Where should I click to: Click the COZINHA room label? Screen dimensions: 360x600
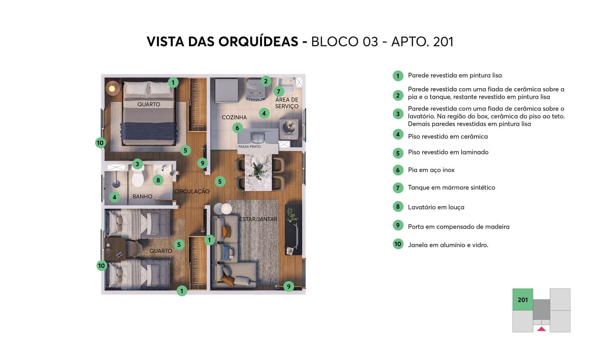pos(234,117)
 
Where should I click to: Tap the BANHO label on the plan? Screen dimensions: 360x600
pos(142,197)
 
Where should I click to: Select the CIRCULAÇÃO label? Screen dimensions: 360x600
pos(192,191)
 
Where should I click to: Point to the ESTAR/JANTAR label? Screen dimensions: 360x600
pos(258,219)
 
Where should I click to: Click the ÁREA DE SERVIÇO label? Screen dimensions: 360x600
pos(287,103)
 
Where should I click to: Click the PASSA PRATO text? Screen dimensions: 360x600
pos(249,147)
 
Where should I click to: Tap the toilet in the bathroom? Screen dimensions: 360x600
pos(138,178)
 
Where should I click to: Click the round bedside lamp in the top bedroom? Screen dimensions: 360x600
pos(112,88)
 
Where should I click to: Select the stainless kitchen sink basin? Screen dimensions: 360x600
pos(257,137)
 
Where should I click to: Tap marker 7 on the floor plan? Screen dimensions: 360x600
pos(279,91)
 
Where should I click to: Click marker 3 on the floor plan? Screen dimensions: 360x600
pos(137,164)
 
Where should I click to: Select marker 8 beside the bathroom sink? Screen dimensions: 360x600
pos(158,180)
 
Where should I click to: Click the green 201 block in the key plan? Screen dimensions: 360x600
pos(522,300)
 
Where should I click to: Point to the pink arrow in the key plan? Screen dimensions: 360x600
pos(542,329)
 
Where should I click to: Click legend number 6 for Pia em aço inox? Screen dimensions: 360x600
pos(398,170)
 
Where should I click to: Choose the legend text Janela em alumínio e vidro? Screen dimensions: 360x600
pos(448,245)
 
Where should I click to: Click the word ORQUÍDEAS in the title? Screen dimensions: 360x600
pos(258,41)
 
